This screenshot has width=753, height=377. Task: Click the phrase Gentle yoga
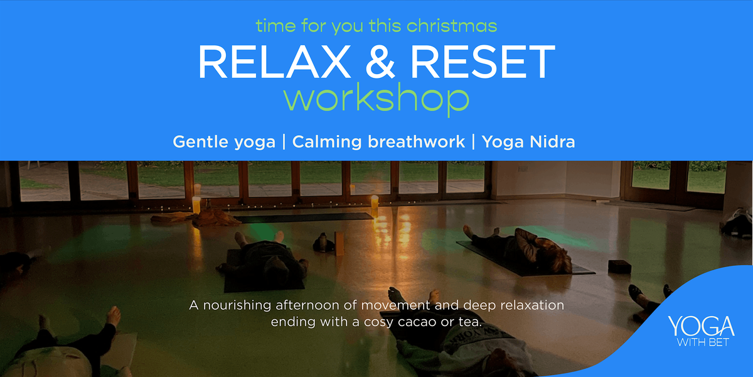coord(224,142)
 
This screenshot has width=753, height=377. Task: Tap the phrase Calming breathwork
coord(378,142)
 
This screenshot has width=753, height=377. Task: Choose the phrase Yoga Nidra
coord(528,142)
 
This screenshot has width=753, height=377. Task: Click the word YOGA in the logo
coord(701,327)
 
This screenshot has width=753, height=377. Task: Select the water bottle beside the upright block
coord(323,242)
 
